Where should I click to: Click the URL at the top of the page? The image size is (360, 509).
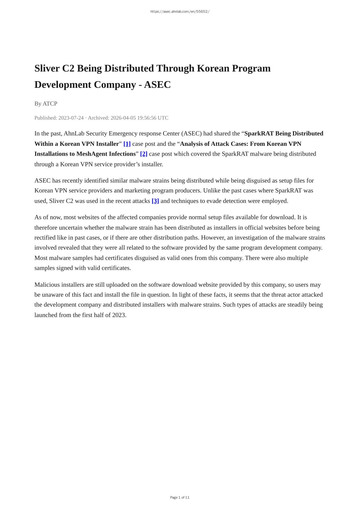coord(180,12)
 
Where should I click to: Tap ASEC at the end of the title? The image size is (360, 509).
coord(157,85)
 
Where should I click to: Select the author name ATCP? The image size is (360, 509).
coord(50,103)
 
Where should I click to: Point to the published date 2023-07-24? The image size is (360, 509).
coord(71,118)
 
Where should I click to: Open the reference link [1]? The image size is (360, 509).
coord(127,144)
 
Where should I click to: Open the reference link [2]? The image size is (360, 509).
coord(143,154)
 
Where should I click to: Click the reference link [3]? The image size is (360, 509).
coord(155,201)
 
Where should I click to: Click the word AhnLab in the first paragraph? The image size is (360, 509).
coord(74,134)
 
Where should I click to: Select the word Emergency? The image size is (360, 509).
coord(121,134)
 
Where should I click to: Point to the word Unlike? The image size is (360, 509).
coord(212,190)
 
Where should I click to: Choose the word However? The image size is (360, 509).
coord(213,238)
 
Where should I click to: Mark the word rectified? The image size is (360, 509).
coord(45,238)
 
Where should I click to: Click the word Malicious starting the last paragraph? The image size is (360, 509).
coord(47,285)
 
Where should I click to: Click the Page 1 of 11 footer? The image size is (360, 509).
coord(180,497)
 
